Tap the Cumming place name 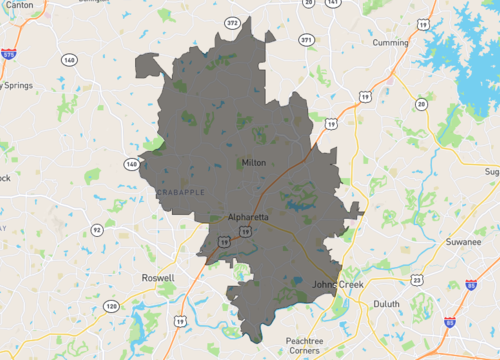[x=389, y=43]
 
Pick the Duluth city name [x=385, y=303]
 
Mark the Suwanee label [x=464, y=241]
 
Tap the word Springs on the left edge [x=16, y=85]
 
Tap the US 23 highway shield [x=415, y=279]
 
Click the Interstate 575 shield [x=8, y=56]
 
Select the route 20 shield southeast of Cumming [x=421, y=104]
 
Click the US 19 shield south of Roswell [x=179, y=320]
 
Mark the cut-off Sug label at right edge [x=491, y=172]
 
